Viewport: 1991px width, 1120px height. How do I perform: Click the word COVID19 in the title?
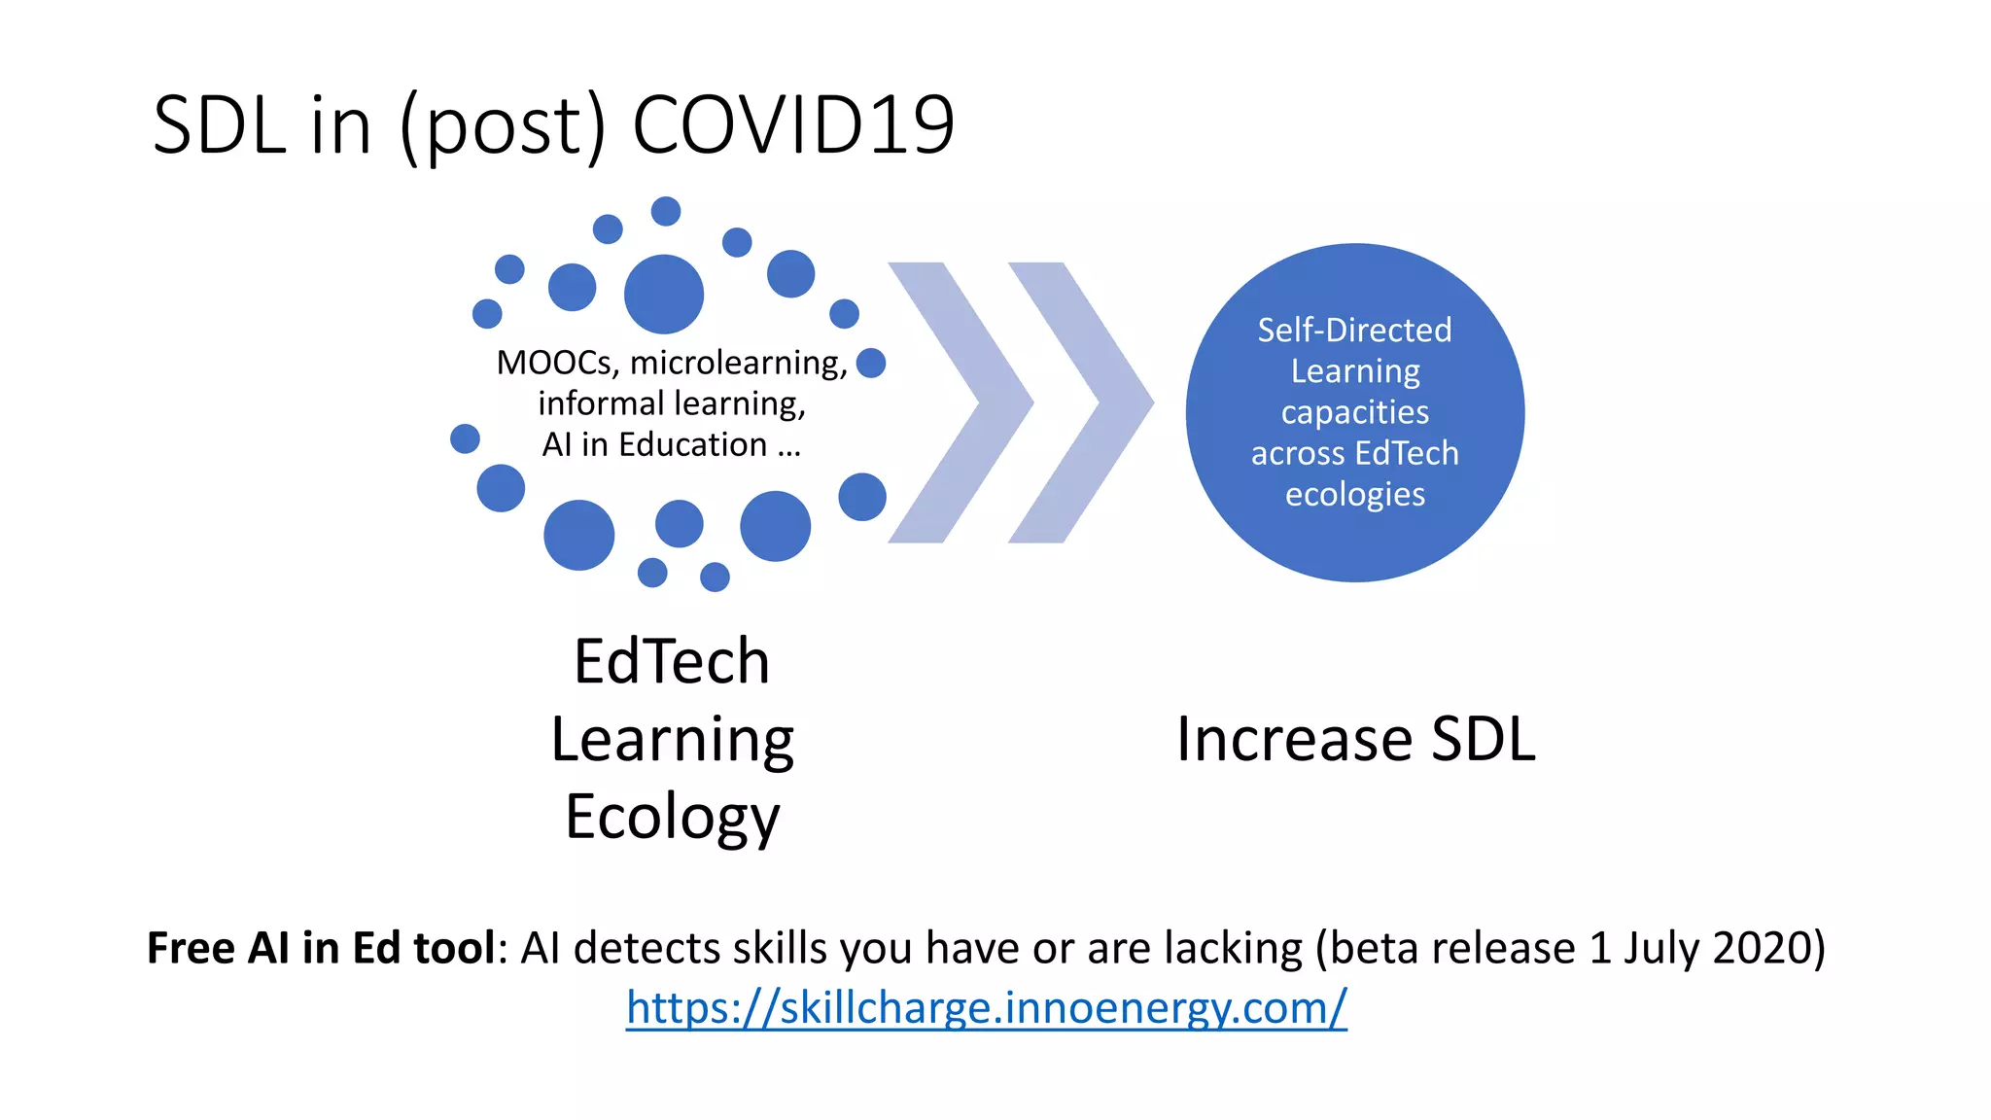793,125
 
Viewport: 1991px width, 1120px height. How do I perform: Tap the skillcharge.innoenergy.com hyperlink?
986,1007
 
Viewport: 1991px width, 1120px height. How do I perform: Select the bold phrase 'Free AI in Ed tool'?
321,948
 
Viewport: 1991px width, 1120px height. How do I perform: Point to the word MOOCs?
554,363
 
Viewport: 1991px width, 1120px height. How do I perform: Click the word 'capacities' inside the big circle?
1354,412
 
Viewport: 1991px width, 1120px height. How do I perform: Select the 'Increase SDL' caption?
1355,739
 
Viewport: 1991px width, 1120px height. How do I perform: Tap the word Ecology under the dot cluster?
673,817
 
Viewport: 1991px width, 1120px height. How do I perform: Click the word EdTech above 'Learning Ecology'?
672,661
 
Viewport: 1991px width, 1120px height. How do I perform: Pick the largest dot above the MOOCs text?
663,294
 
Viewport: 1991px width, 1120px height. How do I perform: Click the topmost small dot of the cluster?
666,211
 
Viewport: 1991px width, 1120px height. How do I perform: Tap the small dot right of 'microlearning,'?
871,363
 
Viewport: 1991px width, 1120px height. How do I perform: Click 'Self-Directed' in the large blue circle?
1354,331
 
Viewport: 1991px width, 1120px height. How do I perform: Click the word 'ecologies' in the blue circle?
1354,495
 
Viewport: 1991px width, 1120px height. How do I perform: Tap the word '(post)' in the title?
503,126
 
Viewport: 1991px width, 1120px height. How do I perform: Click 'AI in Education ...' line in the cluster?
672,444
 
